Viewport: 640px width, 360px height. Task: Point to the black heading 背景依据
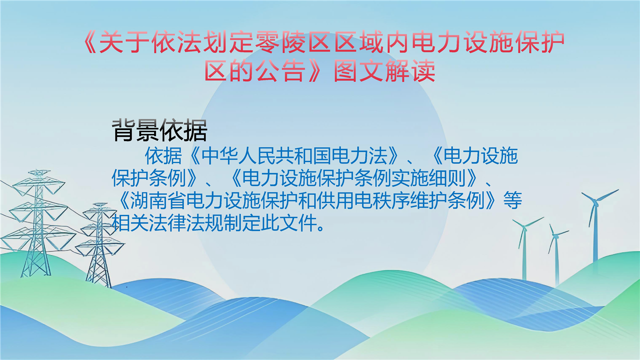click(x=159, y=130)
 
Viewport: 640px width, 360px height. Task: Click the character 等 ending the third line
click(x=513, y=200)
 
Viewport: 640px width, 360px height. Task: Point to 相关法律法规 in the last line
click(x=167, y=222)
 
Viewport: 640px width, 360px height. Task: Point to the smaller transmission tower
click(x=99, y=245)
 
